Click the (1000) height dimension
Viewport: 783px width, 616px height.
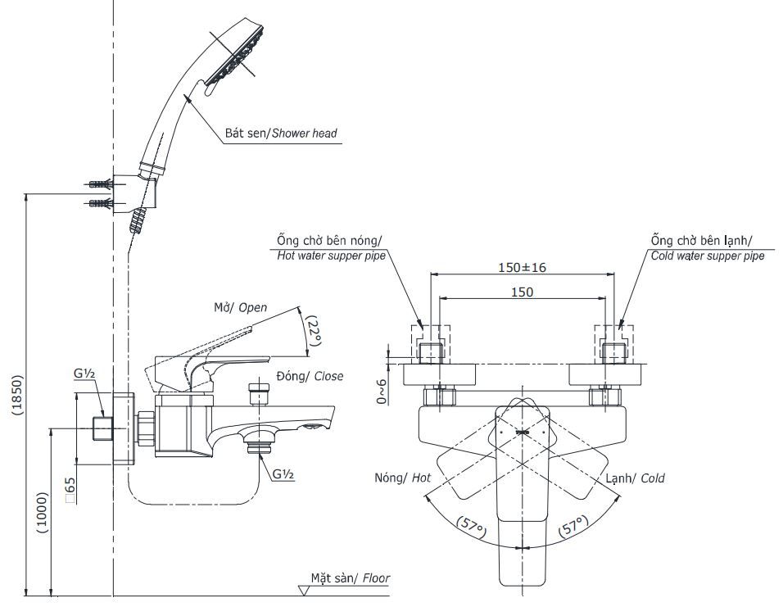43,514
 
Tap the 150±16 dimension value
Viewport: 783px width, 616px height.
521,266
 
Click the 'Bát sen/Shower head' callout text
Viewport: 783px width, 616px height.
281,133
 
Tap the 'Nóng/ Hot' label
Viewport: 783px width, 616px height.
402,478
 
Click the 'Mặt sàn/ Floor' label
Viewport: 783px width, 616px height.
350,578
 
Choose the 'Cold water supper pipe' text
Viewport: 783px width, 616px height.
708,256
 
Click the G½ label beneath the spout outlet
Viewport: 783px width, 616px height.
283,473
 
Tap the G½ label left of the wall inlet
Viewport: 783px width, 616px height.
84,374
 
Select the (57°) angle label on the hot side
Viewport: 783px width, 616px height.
472,525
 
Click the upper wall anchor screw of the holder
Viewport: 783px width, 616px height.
99,185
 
